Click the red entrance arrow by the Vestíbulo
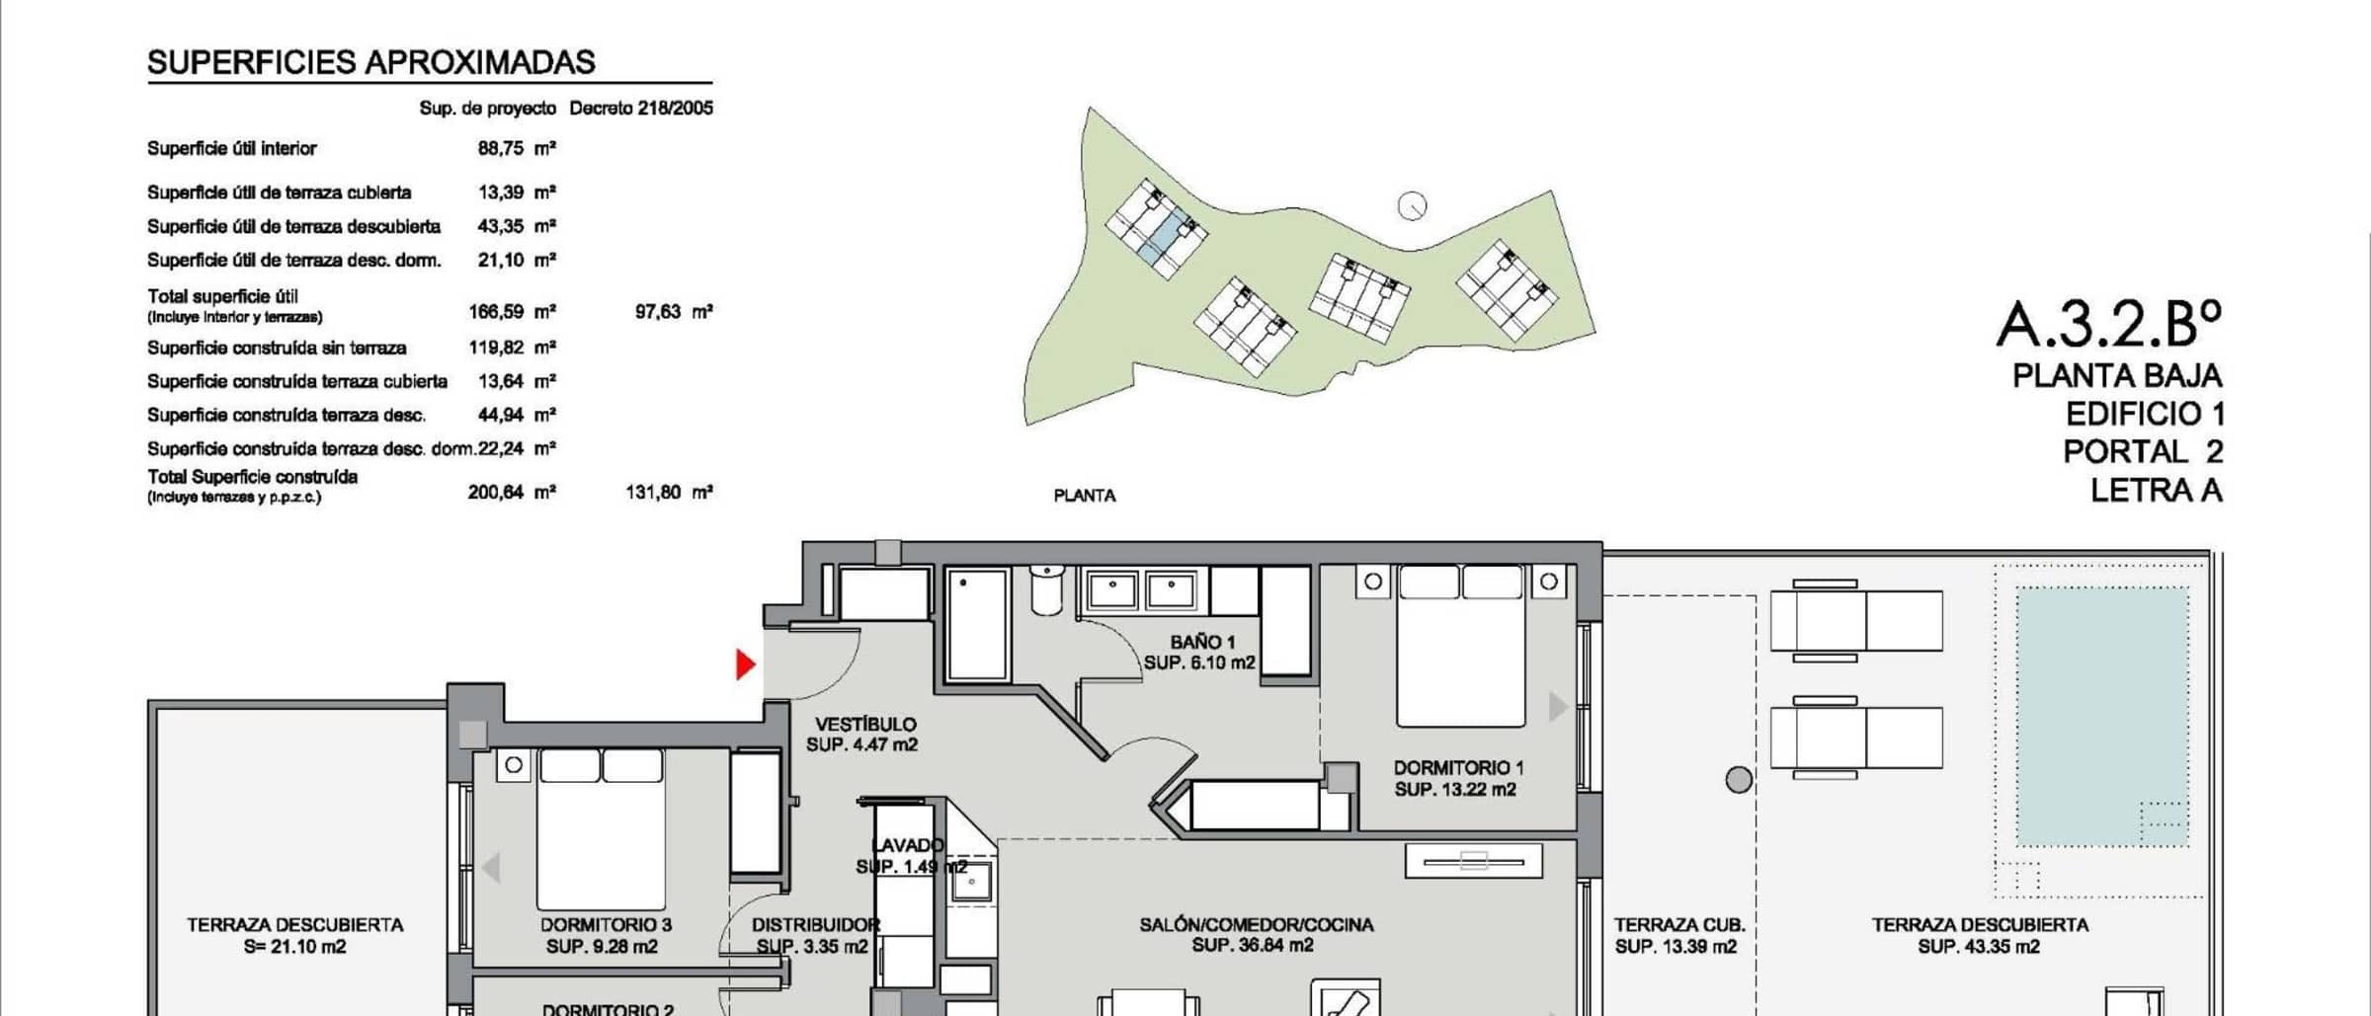pos(746,664)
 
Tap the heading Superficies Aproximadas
pos(371,62)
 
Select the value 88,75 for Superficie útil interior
pos(501,148)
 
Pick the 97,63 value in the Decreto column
pos(658,312)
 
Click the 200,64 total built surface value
pos(496,492)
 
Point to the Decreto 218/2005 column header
pos(641,108)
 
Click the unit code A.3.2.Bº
pos(2109,323)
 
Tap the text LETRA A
pos(2156,490)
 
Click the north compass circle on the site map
pos(1413,206)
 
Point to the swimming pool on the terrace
pos(2101,717)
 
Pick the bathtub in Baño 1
pos(976,624)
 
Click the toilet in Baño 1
pos(1045,589)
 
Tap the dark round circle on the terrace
pos(1739,780)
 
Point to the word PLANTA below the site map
pos(1085,496)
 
